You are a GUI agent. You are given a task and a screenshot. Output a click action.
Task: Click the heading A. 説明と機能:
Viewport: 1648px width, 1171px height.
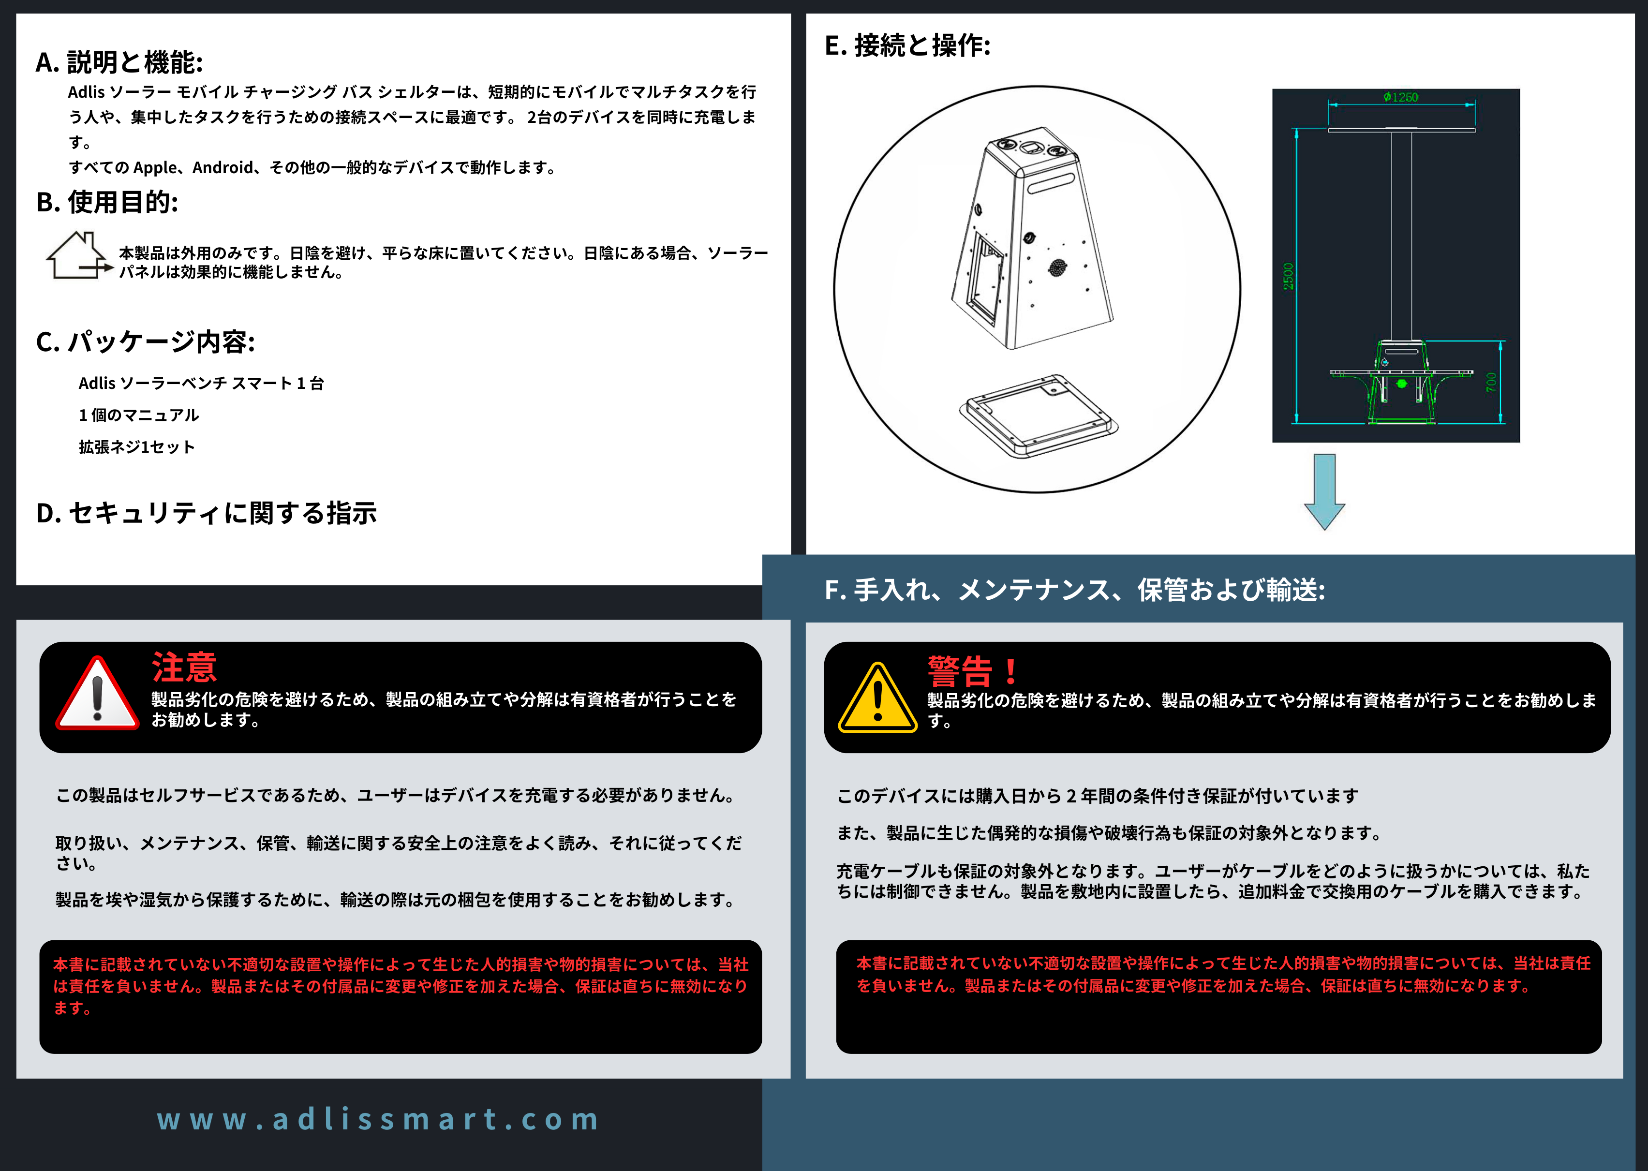pos(119,63)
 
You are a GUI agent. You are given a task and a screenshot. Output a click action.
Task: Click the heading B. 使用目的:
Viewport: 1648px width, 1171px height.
pos(107,203)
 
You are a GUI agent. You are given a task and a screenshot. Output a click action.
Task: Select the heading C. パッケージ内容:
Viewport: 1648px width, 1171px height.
pos(145,342)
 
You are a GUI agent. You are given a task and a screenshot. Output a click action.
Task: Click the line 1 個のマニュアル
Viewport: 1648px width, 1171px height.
pos(138,415)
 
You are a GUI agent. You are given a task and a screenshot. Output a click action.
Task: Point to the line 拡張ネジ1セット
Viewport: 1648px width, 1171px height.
pos(136,447)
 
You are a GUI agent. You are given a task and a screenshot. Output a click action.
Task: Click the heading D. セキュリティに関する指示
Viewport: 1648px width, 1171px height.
pos(206,513)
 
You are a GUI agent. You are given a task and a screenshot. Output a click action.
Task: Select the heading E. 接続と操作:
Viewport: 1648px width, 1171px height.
pos(907,45)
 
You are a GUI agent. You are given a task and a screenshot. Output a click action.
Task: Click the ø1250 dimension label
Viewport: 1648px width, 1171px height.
pos(1401,97)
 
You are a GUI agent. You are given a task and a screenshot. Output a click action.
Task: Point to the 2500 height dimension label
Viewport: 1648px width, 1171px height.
pos(1288,276)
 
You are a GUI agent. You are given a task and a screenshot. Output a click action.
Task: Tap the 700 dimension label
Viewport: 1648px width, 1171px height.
pos(1491,382)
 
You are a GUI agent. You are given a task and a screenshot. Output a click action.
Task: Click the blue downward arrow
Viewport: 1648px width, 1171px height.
pos(1324,492)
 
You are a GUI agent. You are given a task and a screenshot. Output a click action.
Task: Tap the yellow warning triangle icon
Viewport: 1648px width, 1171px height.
pos(877,697)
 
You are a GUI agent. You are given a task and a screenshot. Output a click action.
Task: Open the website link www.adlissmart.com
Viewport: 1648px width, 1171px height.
pos(378,1119)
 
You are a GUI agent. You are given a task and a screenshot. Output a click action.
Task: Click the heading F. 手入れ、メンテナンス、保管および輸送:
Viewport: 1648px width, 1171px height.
pos(1075,590)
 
